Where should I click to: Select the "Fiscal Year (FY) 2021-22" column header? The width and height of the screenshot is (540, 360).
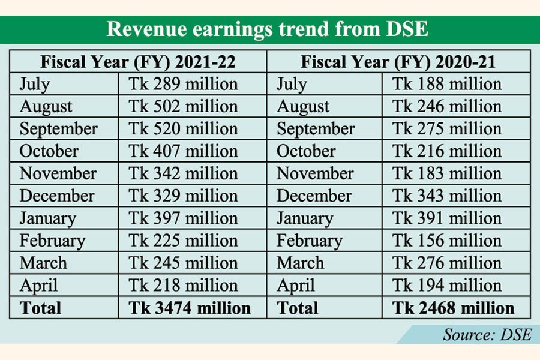tap(138, 62)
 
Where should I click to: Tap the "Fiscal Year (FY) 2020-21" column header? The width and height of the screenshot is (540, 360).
tap(398, 62)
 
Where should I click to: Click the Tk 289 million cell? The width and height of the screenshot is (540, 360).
tap(183, 84)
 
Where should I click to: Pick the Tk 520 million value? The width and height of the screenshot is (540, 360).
tap(183, 129)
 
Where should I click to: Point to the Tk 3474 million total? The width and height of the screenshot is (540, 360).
tap(190, 308)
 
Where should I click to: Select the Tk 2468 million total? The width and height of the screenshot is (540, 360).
tap(453, 308)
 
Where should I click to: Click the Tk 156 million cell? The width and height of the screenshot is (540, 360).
tap(446, 241)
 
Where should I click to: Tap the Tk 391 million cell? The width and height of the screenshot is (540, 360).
tap(446, 218)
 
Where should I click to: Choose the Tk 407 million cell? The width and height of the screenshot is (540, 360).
tap(183, 151)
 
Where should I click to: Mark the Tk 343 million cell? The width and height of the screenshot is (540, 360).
tap(446, 196)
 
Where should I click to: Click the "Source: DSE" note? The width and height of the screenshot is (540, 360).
tap(487, 334)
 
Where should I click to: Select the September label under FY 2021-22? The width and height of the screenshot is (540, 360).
tap(58, 129)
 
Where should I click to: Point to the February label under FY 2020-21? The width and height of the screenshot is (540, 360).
tap(309, 241)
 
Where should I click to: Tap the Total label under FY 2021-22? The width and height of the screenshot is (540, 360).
tap(40, 308)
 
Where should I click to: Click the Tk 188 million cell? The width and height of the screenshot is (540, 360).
tap(446, 84)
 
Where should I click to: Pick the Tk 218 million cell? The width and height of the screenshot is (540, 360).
tap(183, 285)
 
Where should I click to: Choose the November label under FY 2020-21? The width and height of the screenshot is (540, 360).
tap(315, 173)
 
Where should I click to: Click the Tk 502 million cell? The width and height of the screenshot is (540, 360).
tap(183, 107)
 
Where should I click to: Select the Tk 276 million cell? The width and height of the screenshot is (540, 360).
tap(446, 263)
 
